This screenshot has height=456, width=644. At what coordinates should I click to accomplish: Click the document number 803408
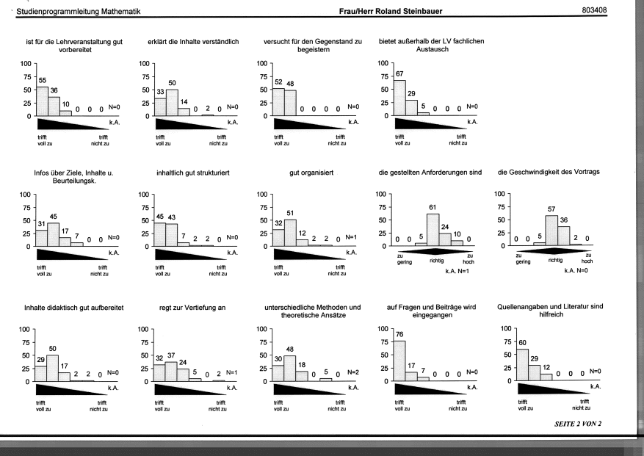coord(594,10)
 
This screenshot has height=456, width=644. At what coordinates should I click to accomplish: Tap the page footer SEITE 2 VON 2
coord(578,424)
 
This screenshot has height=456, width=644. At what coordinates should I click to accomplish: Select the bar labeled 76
coord(399,361)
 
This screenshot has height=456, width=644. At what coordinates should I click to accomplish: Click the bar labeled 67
coord(400,98)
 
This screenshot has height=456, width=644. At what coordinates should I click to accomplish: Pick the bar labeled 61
coord(433,230)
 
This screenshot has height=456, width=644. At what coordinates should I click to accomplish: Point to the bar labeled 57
coord(551,231)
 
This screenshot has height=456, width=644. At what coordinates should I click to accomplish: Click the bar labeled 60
coord(522,365)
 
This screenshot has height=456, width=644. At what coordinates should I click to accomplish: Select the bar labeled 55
coord(43,101)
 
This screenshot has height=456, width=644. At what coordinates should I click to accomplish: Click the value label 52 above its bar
coord(278,82)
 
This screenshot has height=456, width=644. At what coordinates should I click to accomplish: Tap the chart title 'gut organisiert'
coord(311,173)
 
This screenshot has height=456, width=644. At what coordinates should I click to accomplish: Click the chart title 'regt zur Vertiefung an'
coord(192,308)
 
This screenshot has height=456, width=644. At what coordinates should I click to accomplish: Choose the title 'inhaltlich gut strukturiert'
coord(192,173)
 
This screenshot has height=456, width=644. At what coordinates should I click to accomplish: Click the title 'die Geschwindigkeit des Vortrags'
coord(549,172)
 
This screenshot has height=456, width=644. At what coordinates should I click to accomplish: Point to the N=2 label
coord(352,372)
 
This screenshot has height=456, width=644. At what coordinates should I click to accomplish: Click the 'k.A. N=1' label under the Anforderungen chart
coord(457,271)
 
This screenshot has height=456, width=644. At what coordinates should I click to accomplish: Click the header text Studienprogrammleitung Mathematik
coord(79,12)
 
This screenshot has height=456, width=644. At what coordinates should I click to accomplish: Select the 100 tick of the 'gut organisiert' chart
coord(262,195)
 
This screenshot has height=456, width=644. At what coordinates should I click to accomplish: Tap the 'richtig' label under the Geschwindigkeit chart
coord(555,260)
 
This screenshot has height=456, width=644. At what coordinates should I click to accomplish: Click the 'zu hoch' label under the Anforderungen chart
coord(468,258)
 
